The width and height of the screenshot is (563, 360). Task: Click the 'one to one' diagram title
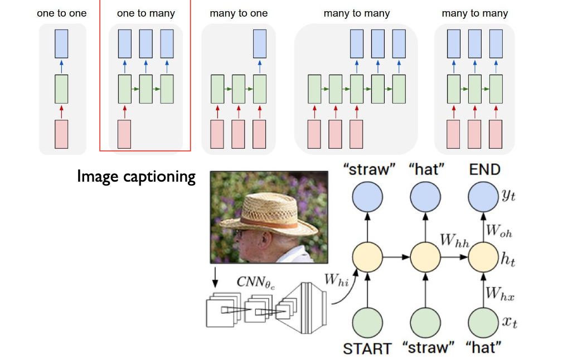tap(62, 13)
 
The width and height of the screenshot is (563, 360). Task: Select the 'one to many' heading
tap(146, 13)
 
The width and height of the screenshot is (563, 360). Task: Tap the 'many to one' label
tap(239, 13)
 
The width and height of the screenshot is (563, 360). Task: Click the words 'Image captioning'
tap(137, 177)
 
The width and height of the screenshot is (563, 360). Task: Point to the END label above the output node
tap(484, 169)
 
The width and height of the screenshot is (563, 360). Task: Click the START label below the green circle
tap(367, 348)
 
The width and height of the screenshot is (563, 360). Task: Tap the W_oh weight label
tap(499, 230)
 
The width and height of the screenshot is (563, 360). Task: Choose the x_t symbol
tap(507, 323)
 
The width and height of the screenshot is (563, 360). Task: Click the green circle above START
tap(367, 322)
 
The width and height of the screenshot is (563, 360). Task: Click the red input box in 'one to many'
tap(125, 134)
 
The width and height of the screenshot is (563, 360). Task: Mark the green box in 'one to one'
tap(61, 89)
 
